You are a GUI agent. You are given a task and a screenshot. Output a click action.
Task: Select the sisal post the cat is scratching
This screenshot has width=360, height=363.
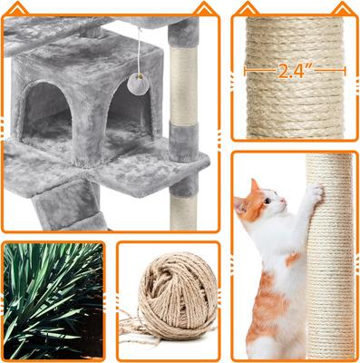330,263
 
